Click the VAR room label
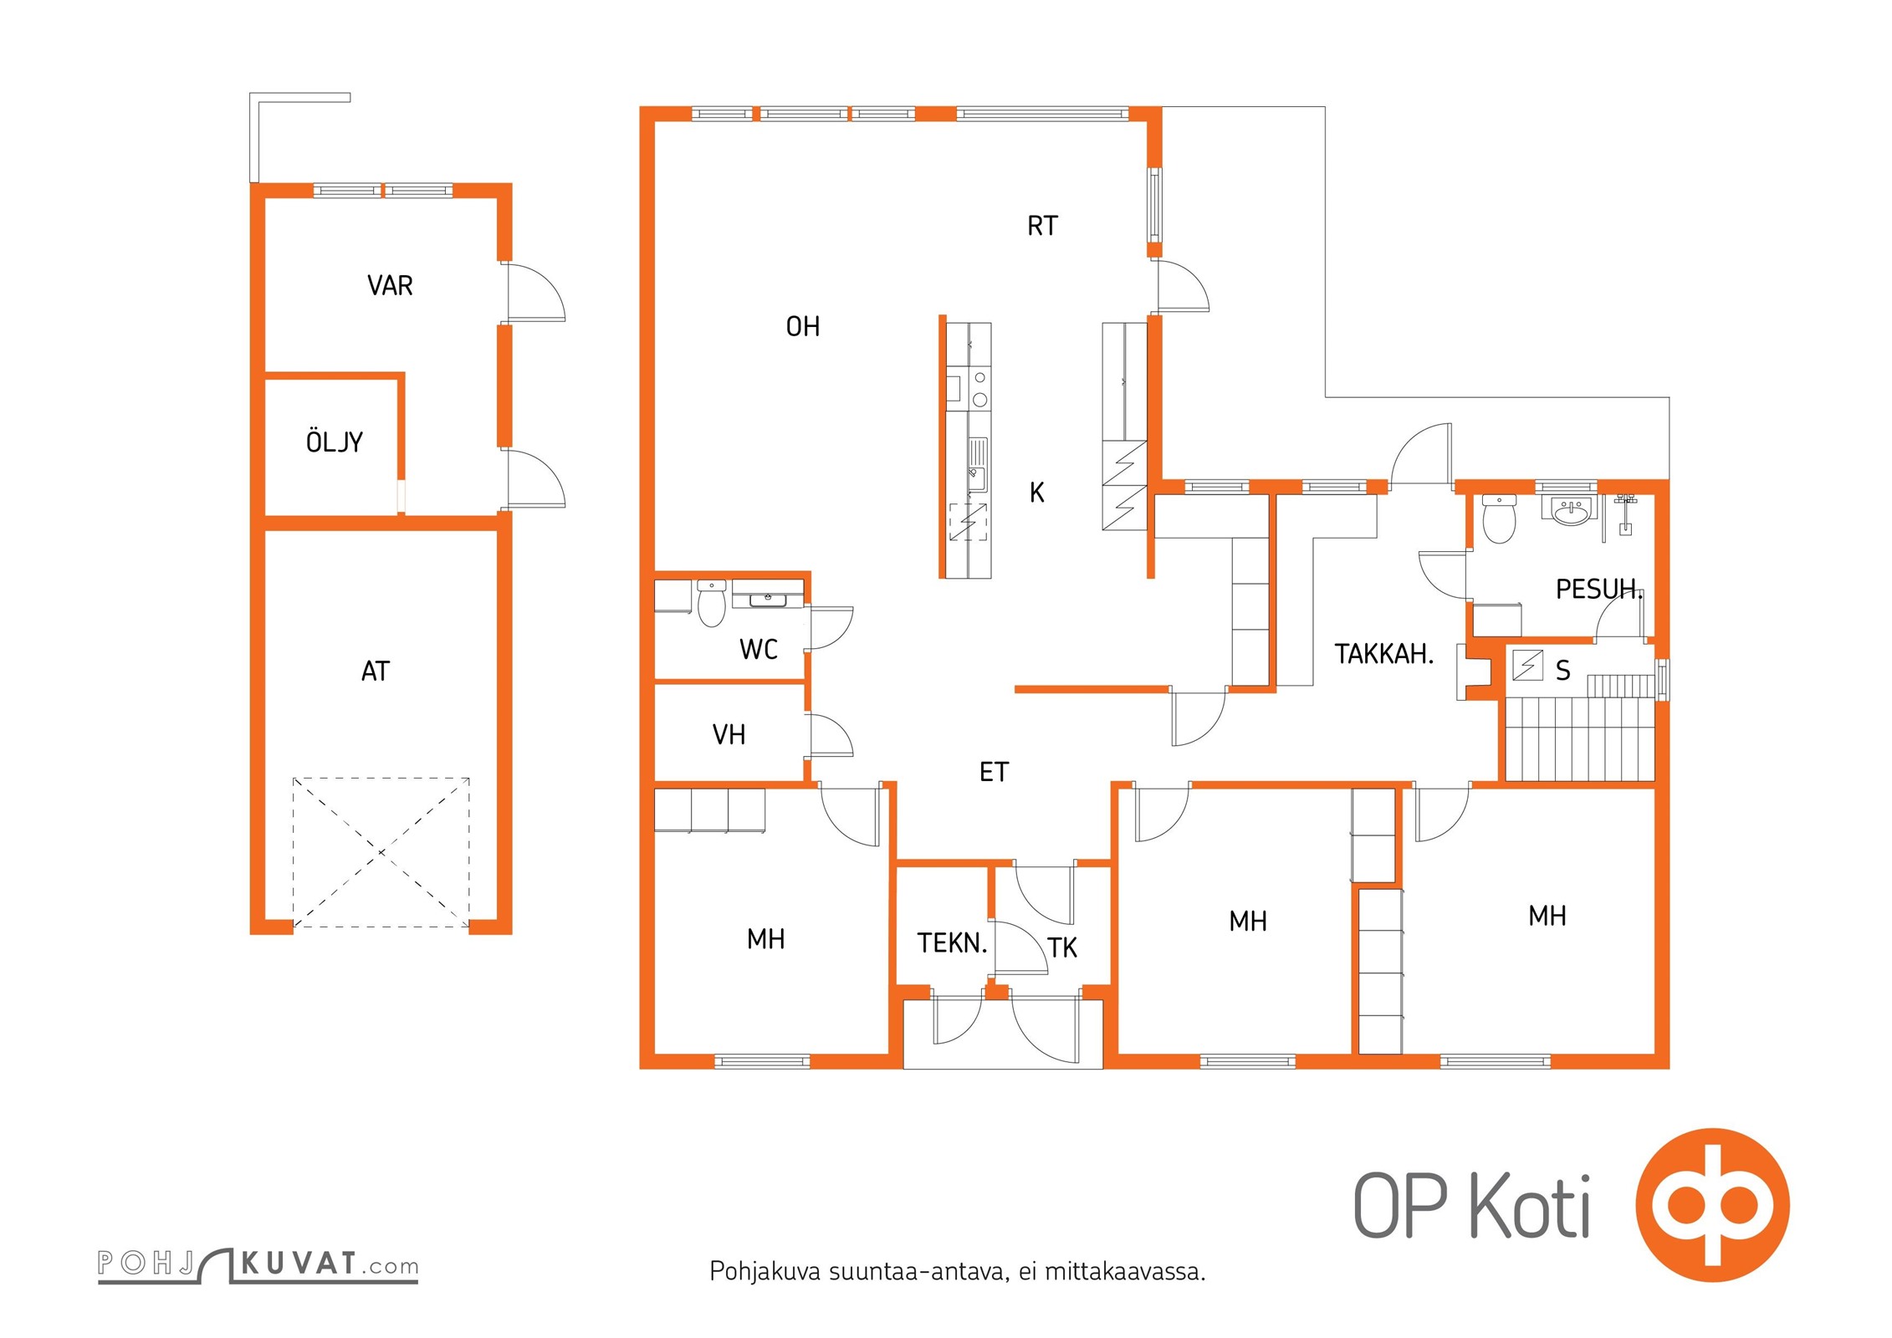point(390,286)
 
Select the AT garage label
point(376,672)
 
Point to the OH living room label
point(803,326)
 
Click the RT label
point(1042,226)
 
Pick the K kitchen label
point(1037,493)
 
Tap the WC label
point(759,649)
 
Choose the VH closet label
point(729,735)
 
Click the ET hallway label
point(995,772)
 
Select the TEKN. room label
point(953,943)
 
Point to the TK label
point(1062,947)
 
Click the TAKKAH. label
point(1384,654)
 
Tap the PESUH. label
point(1599,590)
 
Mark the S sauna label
point(1563,671)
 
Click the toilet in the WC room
point(712,603)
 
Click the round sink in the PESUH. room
point(1572,511)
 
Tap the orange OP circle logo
point(1712,1205)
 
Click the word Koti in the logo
point(1530,1205)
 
